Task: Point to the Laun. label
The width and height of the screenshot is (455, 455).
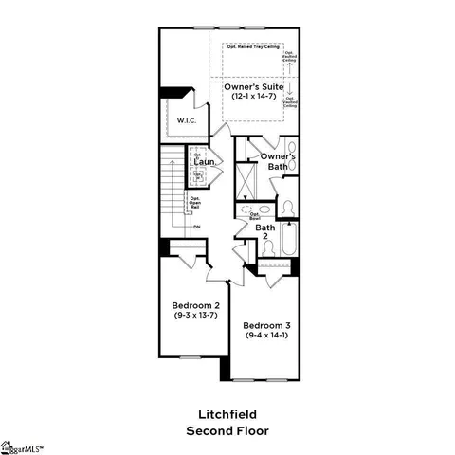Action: click(207, 162)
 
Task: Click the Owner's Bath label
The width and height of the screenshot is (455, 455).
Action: click(278, 161)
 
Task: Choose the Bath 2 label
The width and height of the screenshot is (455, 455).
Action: click(265, 231)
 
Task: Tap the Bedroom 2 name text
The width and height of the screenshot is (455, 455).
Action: click(195, 305)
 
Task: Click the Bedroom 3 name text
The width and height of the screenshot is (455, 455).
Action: click(269, 324)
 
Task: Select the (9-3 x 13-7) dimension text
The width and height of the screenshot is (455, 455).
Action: click(195, 316)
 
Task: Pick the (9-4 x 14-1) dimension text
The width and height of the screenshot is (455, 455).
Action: click(269, 335)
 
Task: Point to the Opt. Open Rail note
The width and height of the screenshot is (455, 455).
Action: click(195, 201)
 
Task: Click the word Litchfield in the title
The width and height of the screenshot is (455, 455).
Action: click(227, 414)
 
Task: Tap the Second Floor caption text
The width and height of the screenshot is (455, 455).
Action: click(227, 430)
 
